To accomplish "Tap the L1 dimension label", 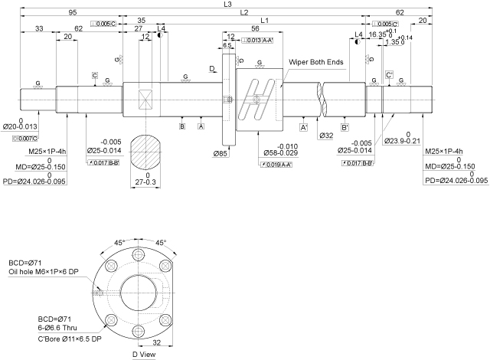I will coord(264,20).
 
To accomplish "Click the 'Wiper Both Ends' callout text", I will coord(316,61).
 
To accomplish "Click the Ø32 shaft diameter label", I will coord(326,136).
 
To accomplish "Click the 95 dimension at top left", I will coord(72,13).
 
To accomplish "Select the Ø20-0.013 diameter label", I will coord(20,126).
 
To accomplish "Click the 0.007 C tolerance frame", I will coord(25,139).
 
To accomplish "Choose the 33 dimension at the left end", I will coord(38,28).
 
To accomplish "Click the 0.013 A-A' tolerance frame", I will coord(257,40).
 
